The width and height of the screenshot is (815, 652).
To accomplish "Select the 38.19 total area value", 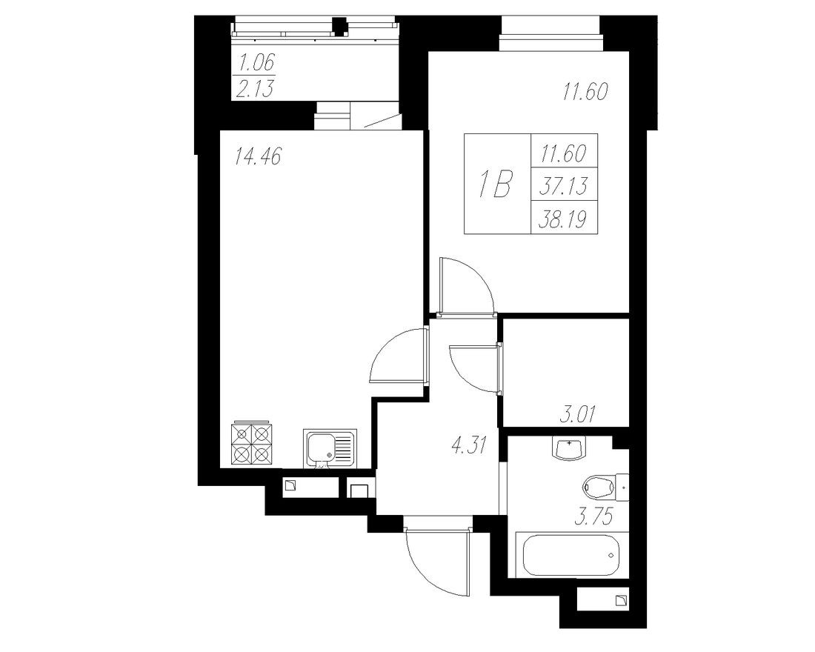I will tap(563, 220).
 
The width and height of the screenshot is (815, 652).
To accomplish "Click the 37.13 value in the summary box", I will tap(563, 187).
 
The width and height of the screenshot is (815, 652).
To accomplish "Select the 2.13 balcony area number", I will tap(254, 90).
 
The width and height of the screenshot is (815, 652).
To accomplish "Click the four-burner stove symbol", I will tap(250, 445).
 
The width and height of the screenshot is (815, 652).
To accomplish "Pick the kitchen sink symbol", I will tap(329, 448).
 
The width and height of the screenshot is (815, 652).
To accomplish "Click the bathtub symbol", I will tap(570, 556).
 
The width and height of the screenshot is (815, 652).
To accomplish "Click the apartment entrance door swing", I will tap(437, 559).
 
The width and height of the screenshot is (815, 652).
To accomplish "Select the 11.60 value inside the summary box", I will tap(563, 154).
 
